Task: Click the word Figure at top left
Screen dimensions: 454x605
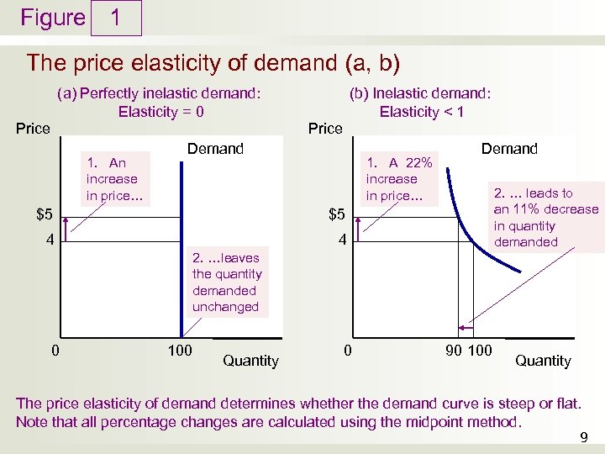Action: click(x=53, y=18)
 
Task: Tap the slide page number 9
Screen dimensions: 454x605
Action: click(x=584, y=436)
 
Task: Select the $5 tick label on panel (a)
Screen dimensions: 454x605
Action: click(x=45, y=214)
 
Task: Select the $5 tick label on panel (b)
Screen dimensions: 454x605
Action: click(x=336, y=214)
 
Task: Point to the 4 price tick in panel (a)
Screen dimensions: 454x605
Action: click(x=50, y=240)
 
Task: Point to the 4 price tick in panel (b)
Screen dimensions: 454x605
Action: click(x=341, y=240)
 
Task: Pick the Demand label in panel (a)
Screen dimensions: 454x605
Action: click(x=215, y=149)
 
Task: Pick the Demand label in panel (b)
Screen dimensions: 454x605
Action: click(x=509, y=149)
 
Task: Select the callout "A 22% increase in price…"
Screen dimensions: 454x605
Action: click(x=399, y=178)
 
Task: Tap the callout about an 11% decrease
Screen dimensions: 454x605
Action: click(x=545, y=218)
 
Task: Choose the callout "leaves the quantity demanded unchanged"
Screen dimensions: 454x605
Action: click(x=226, y=282)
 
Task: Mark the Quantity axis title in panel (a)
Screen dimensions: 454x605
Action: click(x=250, y=361)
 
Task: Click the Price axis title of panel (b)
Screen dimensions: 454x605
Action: click(x=325, y=129)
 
